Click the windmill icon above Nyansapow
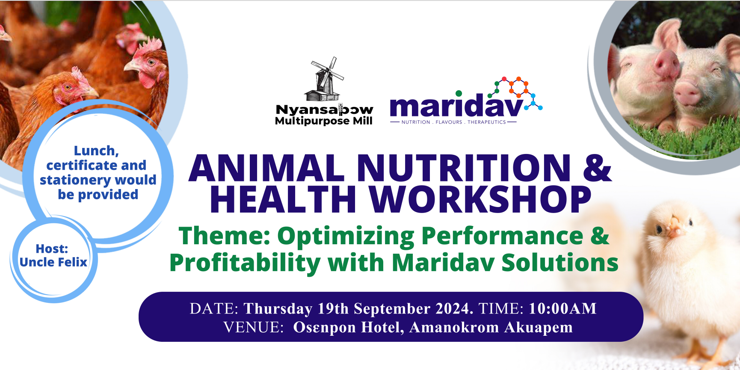(324, 79)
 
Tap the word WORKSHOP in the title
(480, 199)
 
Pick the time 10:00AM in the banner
(562, 308)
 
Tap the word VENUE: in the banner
(254, 327)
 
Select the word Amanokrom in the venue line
(454, 327)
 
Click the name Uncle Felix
(53, 262)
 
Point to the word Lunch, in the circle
(96, 151)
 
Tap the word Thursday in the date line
(278, 308)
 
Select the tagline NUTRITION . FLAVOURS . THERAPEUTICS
(453, 122)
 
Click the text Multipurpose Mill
(324, 121)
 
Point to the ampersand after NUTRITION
(598, 168)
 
